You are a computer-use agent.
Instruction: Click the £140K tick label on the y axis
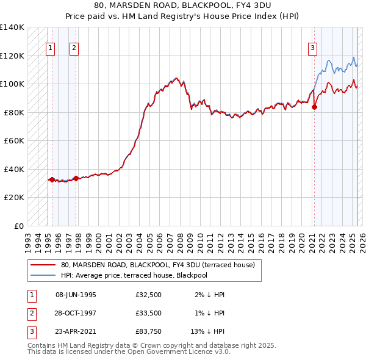(x=12, y=27)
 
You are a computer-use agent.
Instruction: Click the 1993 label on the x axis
(x=28, y=239)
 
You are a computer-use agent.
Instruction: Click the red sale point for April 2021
(x=314, y=107)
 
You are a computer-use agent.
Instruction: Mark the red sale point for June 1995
(x=52, y=179)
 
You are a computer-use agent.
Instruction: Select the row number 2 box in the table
(x=31, y=313)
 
